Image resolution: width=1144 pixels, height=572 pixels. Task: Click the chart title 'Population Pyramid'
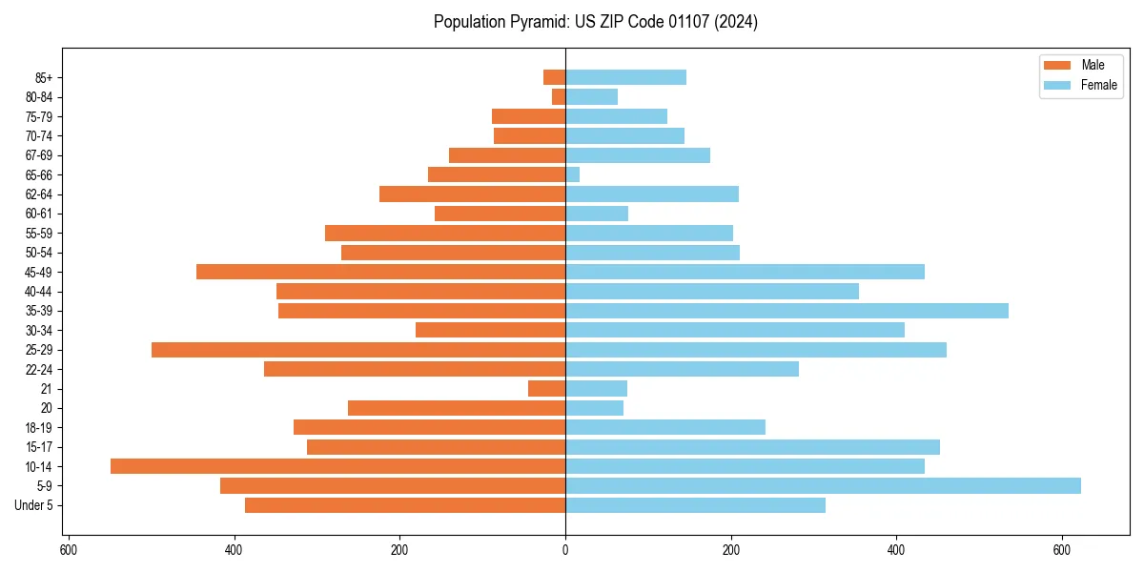click(595, 22)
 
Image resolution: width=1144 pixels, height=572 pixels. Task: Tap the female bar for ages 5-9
click(823, 486)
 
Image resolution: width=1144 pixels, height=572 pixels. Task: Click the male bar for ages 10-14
click(337, 466)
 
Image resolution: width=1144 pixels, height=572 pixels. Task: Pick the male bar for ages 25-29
click(358, 350)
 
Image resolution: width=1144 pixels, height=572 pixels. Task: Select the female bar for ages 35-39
click(786, 311)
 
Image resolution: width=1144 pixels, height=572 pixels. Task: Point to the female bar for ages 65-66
click(573, 174)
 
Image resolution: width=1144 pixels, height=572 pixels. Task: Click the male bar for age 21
click(546, 389)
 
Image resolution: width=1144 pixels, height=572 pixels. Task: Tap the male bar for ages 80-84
click(559, 96)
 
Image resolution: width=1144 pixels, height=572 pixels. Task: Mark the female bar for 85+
click(625, 77)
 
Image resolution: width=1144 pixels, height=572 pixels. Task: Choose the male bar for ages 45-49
click(380, 272)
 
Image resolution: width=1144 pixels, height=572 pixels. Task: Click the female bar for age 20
click(594, 408)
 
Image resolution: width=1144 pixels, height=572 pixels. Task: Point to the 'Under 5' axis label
click(34, 505)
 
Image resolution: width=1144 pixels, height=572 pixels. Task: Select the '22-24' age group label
click(39, 370)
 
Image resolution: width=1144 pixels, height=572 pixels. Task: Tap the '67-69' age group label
click(39, 155)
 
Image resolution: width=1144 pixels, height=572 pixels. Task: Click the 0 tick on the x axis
click(565, 550)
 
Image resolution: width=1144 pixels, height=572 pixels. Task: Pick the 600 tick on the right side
click(1061, 550)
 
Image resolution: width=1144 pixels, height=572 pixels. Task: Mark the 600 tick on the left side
click(69, 550)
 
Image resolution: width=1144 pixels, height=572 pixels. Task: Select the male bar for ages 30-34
click(490, 330)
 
